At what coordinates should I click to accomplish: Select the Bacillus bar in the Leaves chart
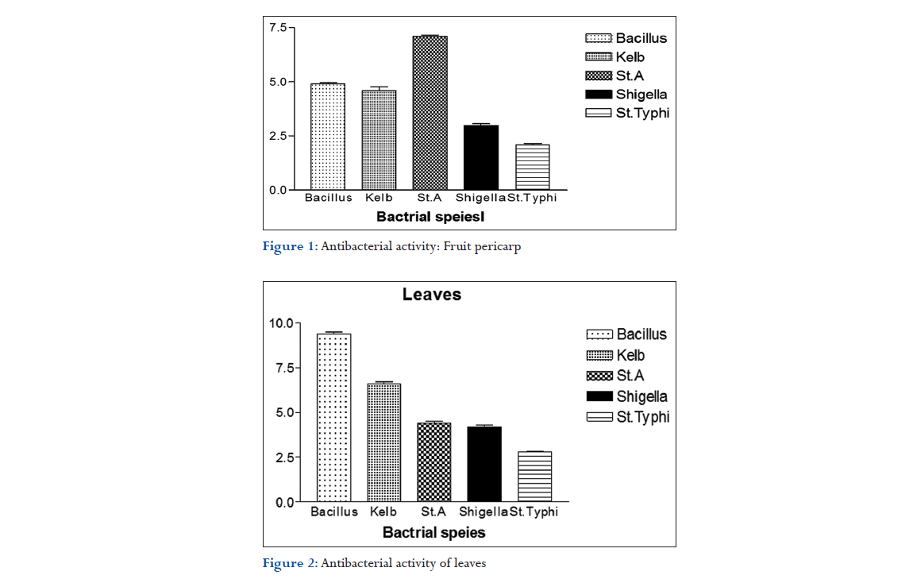click(x=333, y=418)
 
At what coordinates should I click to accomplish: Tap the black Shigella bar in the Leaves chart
click(x=483, y=465)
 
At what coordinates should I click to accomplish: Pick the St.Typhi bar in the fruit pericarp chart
click(x=532, y=167)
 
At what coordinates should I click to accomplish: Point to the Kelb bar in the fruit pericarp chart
click(x=379, y=140)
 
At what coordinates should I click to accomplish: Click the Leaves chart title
click(x=431, y=295)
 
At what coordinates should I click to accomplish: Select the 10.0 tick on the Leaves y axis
click(x=281, y=323)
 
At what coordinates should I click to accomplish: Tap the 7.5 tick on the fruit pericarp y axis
click(x=278, y=28)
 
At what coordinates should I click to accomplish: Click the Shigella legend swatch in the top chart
click(x=598, y=95)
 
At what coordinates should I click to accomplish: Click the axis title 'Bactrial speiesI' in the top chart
click(x=430, y=215)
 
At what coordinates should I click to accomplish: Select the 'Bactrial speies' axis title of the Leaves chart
click(x=433, y=532)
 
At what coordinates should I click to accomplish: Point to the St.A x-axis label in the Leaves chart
click(x=433, y=512)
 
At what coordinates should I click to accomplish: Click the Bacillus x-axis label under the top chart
click(x=328, y=198)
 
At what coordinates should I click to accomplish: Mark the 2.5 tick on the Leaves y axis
click(x=283, y=458)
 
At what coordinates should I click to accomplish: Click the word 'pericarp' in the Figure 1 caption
click(x=499, y=246)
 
